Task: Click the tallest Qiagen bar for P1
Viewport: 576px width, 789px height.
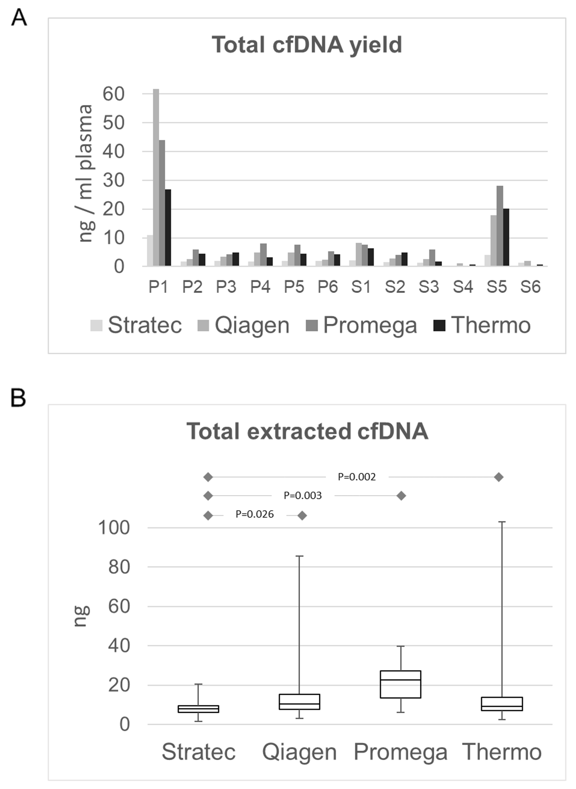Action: click(x=156, y=176)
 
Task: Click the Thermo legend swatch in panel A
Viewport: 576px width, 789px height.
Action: click(x=440, y=325)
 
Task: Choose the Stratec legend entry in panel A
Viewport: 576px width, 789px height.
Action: click(x=136, y=325)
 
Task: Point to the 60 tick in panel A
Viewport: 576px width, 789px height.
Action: click(x=114, y=94)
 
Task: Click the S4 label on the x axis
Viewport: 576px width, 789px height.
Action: click(x=463, y=287)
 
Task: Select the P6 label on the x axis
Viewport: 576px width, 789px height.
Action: click(x=328, y=287)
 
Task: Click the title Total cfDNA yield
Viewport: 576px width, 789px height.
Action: click(x=306, y=44)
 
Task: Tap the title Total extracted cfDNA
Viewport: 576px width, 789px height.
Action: click(x=307, y=432)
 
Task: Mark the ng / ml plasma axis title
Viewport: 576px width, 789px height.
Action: click(x=85, y=173)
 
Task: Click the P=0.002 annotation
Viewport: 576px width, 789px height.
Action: click(x=357, y=477)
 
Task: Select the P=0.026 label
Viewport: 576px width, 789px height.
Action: click(x=254, y=514)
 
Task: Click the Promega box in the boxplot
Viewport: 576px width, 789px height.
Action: click(x=401, y=684)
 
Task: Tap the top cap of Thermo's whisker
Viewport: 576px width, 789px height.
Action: click(x=502, y=522)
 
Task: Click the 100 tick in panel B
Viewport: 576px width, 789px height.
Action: click(x=114, y=528)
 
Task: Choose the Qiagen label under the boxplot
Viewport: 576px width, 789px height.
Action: click(x=299, y=752)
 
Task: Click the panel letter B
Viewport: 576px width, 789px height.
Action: click(x=18, y=399)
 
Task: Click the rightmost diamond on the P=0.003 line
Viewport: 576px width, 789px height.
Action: click(x=401, y=496)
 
